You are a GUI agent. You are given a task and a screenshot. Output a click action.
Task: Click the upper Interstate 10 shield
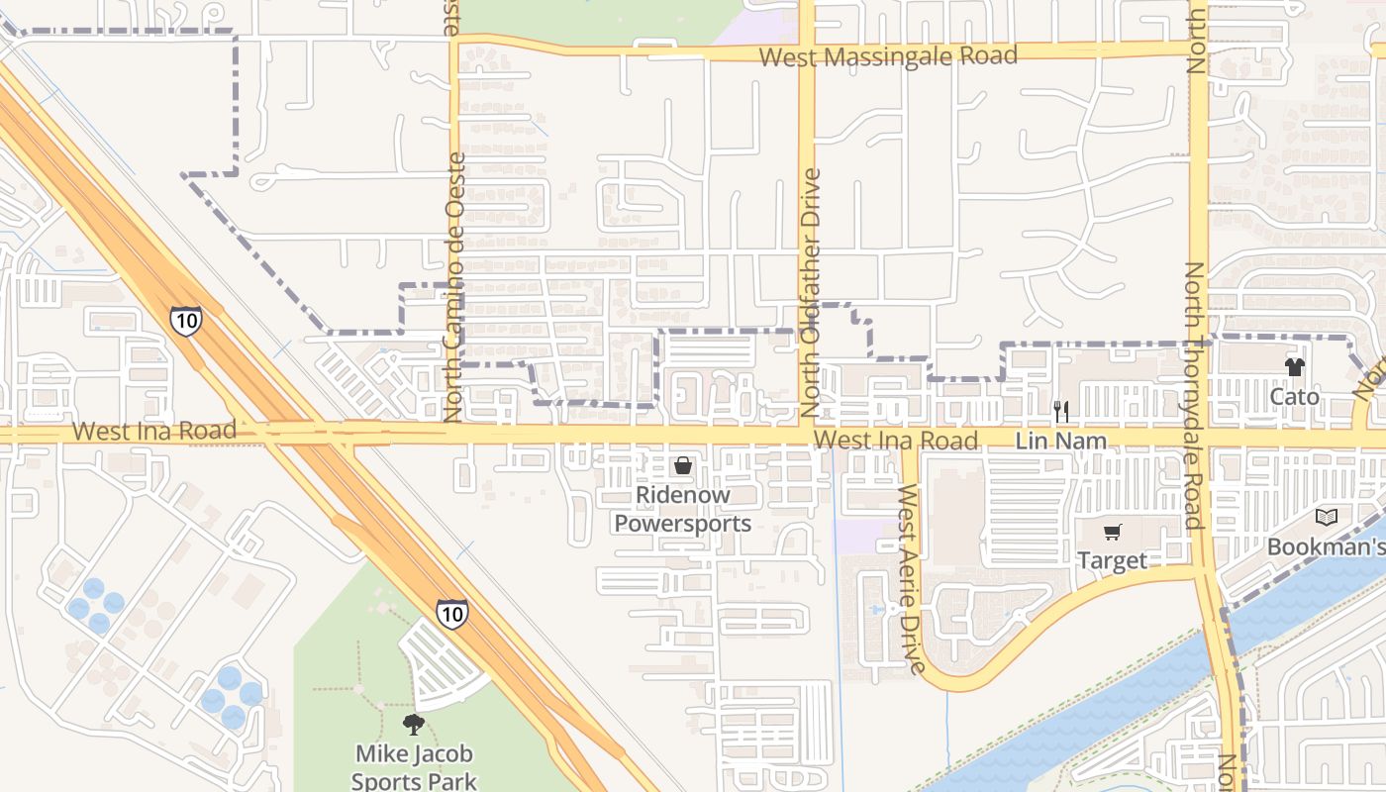pos(185,320)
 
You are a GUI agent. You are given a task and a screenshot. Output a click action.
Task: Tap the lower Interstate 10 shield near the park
pos(451,613)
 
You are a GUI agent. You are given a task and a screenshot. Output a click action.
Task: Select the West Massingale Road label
pos(888,56)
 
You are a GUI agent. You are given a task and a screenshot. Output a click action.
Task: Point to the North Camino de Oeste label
pos(455,287)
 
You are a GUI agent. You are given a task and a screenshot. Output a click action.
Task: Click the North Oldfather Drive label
pos(811,292)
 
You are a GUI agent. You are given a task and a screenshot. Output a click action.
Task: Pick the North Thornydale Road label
pos(1195,396)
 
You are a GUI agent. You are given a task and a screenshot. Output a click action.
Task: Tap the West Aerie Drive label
pos(911,579)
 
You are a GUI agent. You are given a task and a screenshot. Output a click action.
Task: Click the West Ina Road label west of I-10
pos(154,431)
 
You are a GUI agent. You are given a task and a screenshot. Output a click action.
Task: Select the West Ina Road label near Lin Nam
pos(895,440)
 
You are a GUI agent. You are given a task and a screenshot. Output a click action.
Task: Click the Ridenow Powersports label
pos(683,509)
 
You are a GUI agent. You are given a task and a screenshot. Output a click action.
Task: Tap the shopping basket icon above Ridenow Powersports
pos(683,464)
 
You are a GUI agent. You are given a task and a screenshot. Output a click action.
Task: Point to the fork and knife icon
pos(1060,411)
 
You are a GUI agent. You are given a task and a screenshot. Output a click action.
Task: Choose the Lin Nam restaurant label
pos(1060,441)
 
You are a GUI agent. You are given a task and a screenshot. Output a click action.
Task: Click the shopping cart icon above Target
pos(1112,533)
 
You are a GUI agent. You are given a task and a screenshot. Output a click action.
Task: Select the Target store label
pos(1112,561)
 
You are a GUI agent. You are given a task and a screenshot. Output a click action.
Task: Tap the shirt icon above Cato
pos(1294,367)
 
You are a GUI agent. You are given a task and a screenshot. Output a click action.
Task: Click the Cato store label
pos(1294,397)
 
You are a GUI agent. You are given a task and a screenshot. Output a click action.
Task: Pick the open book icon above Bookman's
pos(1326,517)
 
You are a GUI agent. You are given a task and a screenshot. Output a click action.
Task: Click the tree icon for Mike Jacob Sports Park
pos(414,725)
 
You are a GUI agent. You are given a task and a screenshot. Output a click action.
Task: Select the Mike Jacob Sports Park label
pos(415,767)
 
